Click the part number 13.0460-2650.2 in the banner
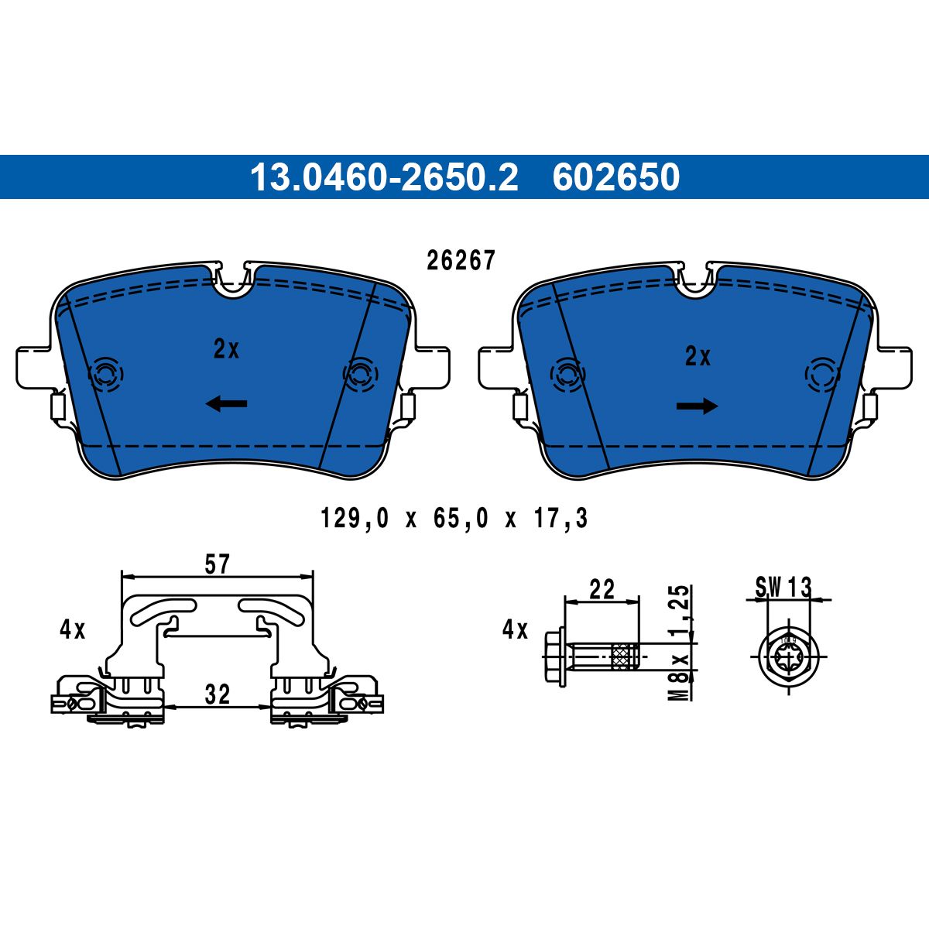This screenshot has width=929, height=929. point(384,177)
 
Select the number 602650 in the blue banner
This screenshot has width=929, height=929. point(616,177)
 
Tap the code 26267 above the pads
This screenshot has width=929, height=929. point(461,261)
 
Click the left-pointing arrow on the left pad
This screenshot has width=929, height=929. point(227,403)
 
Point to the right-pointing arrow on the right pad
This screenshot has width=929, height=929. point(697,405)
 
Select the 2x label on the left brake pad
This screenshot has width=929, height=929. point(226,349)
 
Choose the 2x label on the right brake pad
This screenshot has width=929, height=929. point(698,357)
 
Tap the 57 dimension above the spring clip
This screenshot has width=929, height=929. point(218,564)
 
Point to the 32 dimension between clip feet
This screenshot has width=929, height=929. point(218,694)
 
